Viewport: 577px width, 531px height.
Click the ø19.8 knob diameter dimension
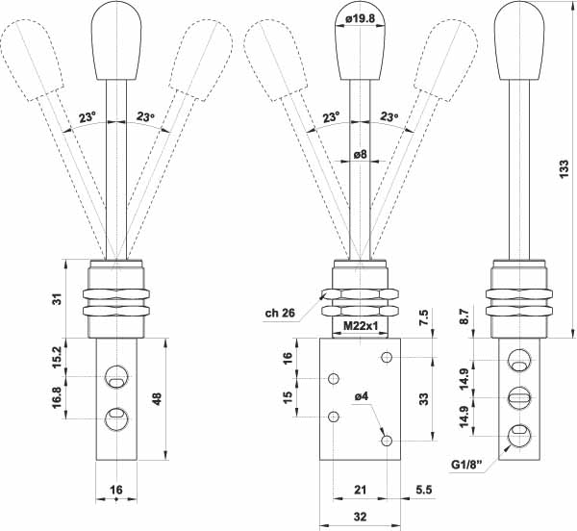click(361, 18)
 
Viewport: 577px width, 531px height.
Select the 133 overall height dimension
click(564, 169)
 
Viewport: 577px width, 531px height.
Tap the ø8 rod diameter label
click(361, 154)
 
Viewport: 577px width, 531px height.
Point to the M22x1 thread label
click(361, 325)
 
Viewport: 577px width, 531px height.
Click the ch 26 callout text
click(280, 313)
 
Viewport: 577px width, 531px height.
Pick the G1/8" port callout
click(466, 465)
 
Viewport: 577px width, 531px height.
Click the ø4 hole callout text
click(361, 396)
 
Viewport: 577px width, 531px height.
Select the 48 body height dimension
click(157, 398)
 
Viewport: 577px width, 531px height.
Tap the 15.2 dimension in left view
click(58, 357)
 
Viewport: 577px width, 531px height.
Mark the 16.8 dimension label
click(58, 397)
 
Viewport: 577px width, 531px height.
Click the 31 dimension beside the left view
click(58, 299)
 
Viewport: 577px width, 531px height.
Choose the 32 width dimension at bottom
click(361, 517)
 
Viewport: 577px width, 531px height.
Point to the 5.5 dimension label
click(423, 490)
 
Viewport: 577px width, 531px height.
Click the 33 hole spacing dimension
click(424, 399)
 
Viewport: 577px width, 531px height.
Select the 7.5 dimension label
click(423, 317)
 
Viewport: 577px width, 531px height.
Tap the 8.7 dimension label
click(464, 316)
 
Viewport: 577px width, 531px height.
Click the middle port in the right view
click(519, 397)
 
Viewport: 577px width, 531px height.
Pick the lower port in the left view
click(116, 418)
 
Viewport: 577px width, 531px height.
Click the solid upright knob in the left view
click(116, 40)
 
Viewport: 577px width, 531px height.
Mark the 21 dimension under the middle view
click(361, 490)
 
